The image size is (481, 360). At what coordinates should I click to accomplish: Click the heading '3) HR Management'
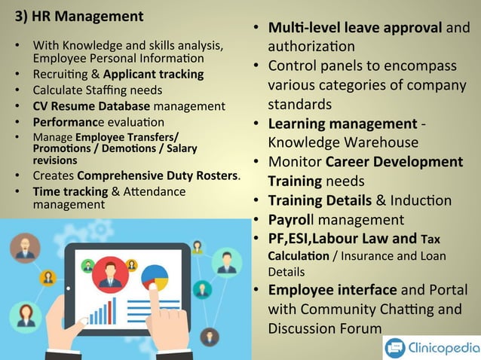(x=79, y=16)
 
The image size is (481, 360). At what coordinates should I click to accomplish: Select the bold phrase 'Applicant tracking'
(x=154, y=75)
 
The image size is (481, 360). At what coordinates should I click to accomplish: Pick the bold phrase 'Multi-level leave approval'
(x=354, y=29)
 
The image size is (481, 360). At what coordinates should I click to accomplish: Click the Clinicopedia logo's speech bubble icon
(x=395, y=347)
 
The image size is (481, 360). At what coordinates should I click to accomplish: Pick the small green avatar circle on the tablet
(x=87, y=264)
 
